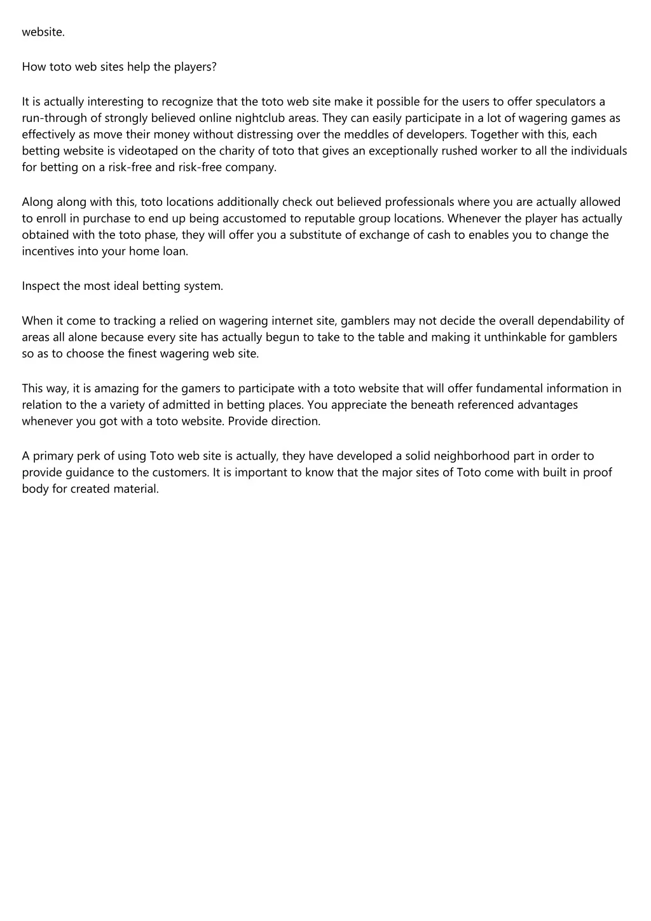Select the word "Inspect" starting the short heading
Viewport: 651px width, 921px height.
click(x=41, y=286)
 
